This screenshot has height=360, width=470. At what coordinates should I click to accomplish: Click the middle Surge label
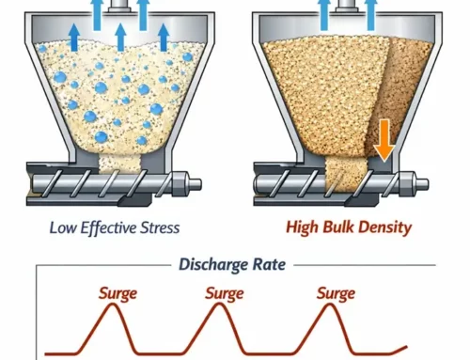click(227, 294)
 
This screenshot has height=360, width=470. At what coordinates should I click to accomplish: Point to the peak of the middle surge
click(226, 311)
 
